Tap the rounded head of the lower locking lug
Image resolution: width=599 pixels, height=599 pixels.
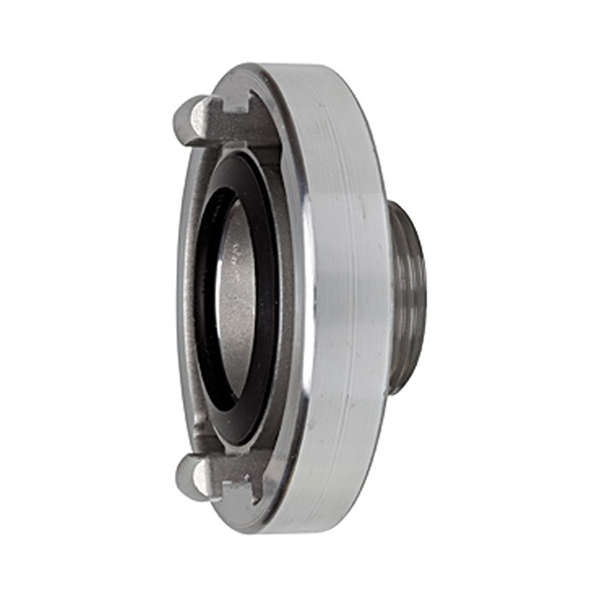coord(190,476)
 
